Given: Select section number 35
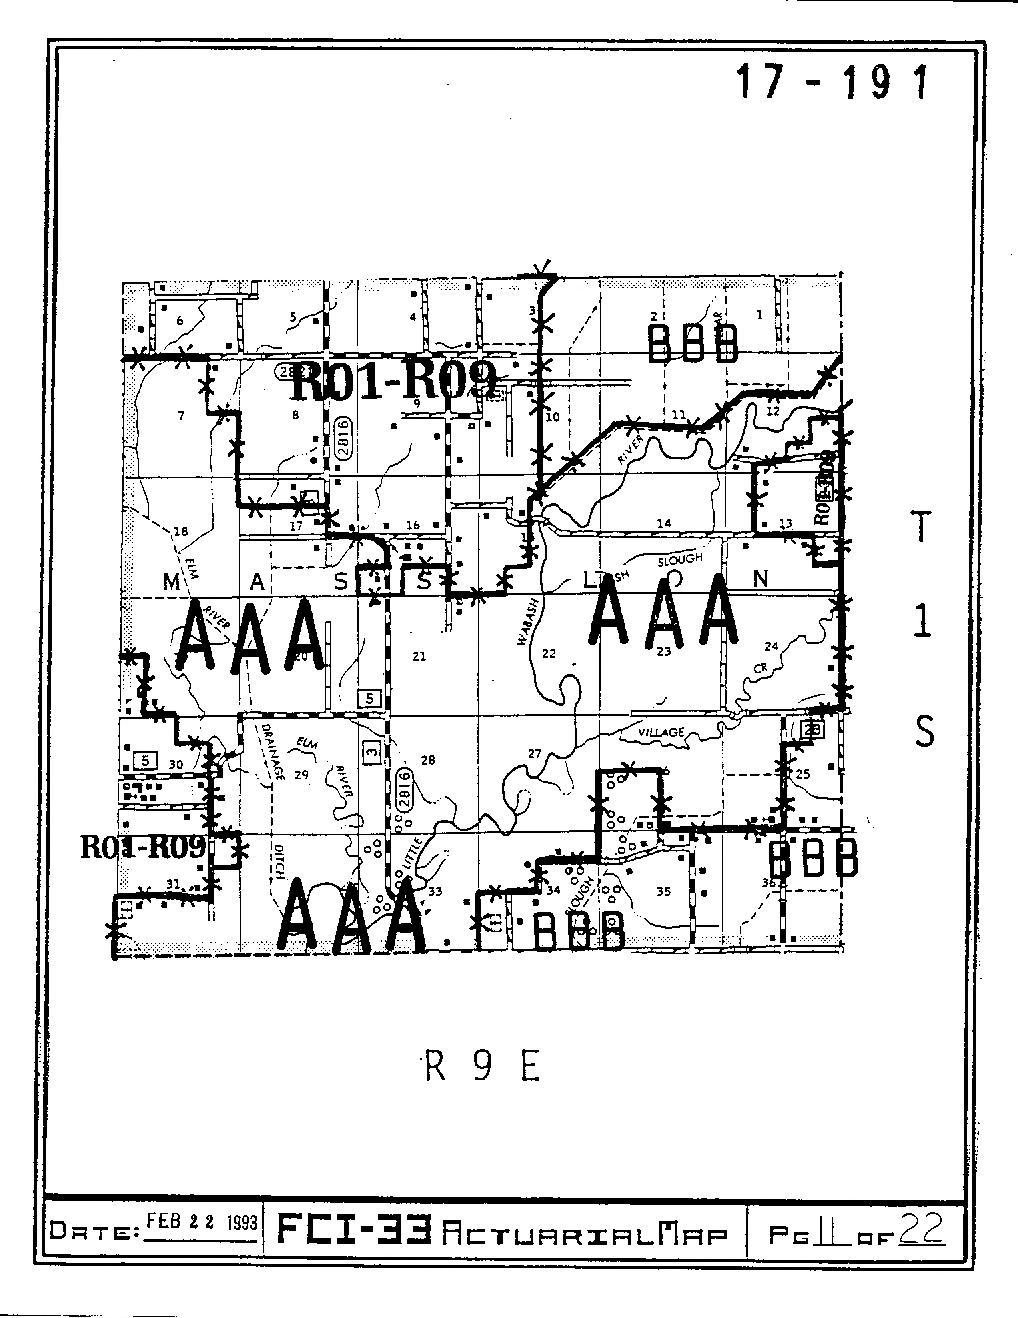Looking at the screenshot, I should [663, 891].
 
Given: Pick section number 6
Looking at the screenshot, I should [180, 321].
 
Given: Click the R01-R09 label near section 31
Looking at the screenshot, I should [143, 847].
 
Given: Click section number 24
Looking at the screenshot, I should [771, 646].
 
